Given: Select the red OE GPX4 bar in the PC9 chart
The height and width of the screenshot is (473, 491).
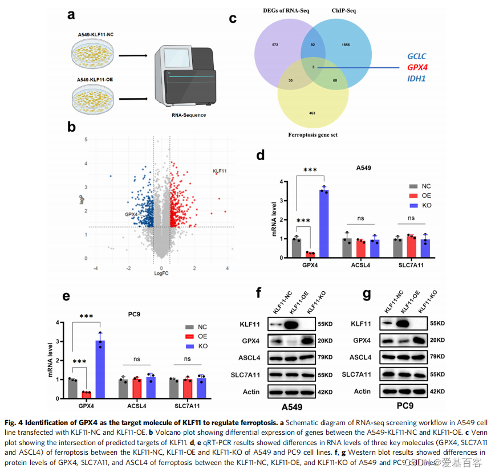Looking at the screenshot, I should (x=86, y=394).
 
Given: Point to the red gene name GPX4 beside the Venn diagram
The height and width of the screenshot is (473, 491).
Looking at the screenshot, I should (x=417, y=67).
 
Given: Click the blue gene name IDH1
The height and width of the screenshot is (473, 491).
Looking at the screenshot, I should (x=416, y=78).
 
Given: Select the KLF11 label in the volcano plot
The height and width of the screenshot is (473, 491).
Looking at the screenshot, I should (x=220, y=171).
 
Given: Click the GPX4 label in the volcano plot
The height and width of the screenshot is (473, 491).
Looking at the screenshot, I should (x=131, y=215).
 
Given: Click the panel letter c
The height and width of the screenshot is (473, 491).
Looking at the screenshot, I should (x=233, y=18).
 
